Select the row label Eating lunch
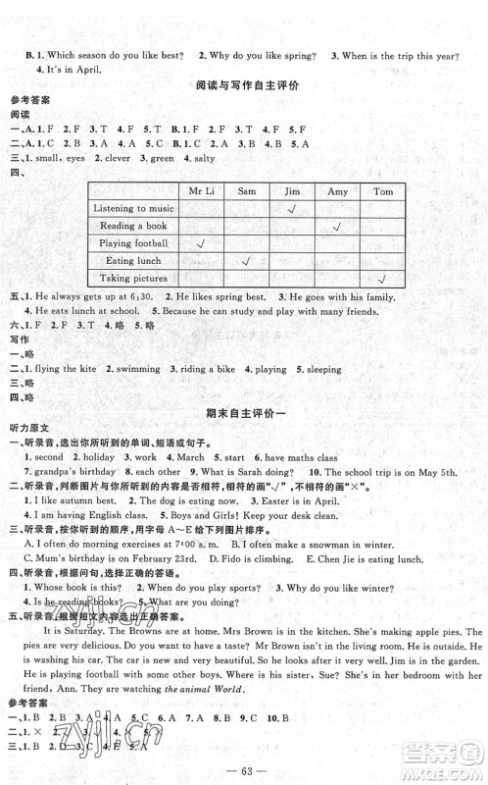coord(127,260)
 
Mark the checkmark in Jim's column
coord(292,208)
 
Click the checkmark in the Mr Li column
coord(200,242)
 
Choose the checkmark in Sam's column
coord(246,260)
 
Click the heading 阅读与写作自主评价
coord(242,85)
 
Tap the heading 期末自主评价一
coord(242,413)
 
